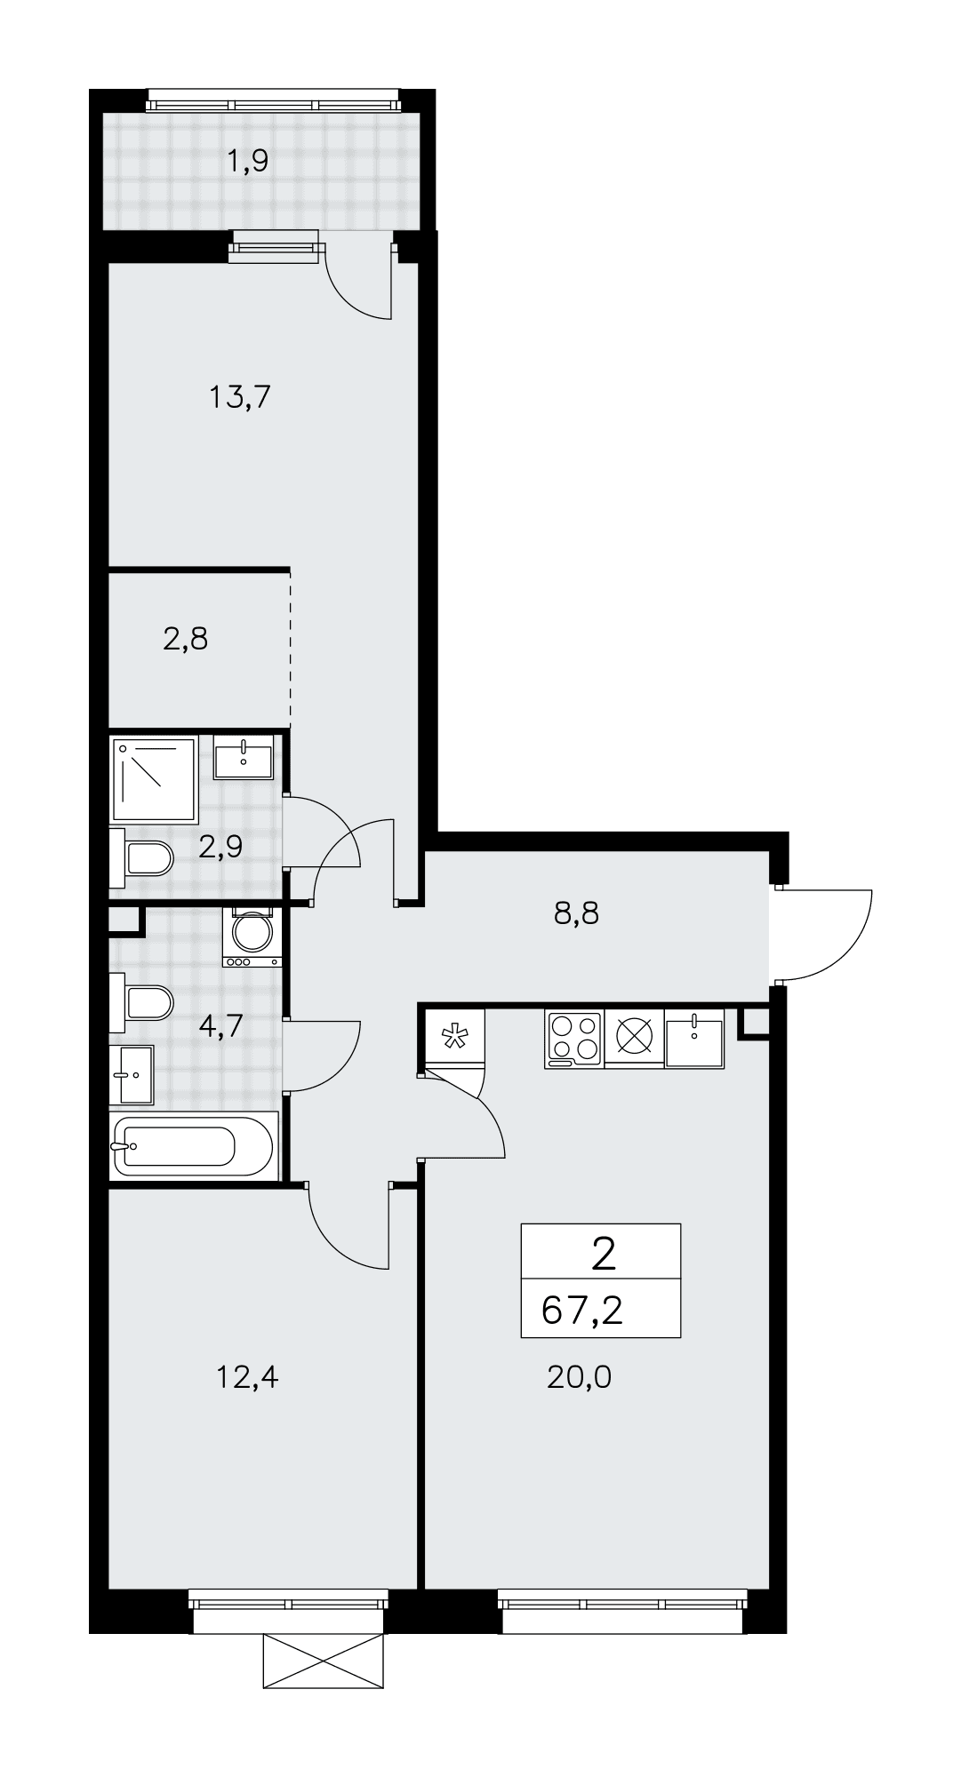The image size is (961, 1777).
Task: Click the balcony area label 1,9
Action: point(248,162)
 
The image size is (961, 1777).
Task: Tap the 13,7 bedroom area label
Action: point(239,396)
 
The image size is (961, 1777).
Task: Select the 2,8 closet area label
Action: point(186,638)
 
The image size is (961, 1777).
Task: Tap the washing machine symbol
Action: point(252,936)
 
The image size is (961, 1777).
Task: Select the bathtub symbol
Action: point(194,1146)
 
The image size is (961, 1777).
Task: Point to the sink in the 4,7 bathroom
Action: point(132,1074)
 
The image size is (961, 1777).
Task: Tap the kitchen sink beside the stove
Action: point(694,1038)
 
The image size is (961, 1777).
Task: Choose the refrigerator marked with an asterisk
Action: point(454,1038)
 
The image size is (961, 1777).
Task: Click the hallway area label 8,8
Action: point(576,912)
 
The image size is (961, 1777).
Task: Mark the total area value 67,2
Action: point(582,1311)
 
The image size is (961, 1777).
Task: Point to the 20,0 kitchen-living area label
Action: point(580,1377)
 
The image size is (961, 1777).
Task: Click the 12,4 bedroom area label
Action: point(247,1377)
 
